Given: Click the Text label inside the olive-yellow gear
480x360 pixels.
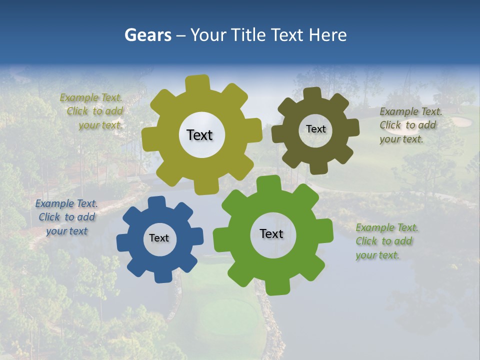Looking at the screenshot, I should (x=199, y=135).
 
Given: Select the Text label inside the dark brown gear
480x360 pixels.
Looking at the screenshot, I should (x=315, y=129).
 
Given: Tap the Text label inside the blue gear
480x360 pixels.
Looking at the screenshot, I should (x=159, y=238).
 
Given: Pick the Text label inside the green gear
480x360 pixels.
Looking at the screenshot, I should (x=271, y=233).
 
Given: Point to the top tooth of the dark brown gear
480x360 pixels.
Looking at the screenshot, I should (x=312, y=93).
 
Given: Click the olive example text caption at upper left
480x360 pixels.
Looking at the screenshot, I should (x=92, y=111).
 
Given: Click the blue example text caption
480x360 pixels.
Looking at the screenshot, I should (x=66, y=217).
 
